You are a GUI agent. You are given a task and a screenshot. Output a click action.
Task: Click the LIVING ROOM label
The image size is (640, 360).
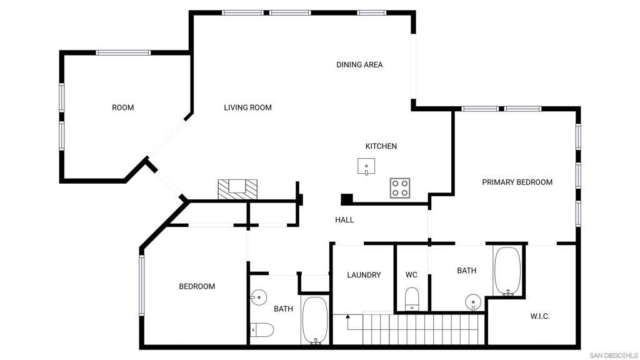click(247, 107)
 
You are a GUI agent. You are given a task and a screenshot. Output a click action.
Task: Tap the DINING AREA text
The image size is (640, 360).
click(359, 65)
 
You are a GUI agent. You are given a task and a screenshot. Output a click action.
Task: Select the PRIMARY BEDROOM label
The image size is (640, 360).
click(517, 182)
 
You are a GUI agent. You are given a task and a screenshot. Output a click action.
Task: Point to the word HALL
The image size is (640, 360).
click(344, 220)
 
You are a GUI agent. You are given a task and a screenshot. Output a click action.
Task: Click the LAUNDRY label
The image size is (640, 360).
click(364, 275)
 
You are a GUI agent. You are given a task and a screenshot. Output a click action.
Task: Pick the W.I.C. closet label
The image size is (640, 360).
click(540, 316)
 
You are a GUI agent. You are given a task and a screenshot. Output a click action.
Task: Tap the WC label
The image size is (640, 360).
click(411, 275)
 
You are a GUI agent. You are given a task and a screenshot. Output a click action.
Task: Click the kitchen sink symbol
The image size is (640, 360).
click(366, 166)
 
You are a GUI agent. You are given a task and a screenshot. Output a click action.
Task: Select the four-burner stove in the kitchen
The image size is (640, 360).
click(400, 188)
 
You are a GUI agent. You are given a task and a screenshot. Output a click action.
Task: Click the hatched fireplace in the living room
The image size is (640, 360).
click(237, 189)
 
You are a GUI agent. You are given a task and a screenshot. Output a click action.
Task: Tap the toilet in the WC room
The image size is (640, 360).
click(412, 299)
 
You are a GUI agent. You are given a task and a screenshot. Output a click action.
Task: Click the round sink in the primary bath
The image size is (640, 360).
click(473, 302)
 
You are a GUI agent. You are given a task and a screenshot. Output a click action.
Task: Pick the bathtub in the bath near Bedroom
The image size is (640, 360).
click(315, 321)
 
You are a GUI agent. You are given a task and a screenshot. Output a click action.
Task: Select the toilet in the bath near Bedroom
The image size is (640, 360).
click(262, 330)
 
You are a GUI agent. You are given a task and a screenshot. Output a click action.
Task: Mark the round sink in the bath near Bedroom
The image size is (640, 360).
click(258, 297)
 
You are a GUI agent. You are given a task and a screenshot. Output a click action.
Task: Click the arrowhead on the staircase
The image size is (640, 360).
click(347, 316)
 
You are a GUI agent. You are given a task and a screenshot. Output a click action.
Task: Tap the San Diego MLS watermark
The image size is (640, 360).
click(614, 356)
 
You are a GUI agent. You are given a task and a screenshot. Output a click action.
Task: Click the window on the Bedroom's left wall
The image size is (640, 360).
click(142, 285)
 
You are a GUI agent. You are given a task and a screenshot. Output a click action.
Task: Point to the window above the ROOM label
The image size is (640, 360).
click(123, 52)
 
